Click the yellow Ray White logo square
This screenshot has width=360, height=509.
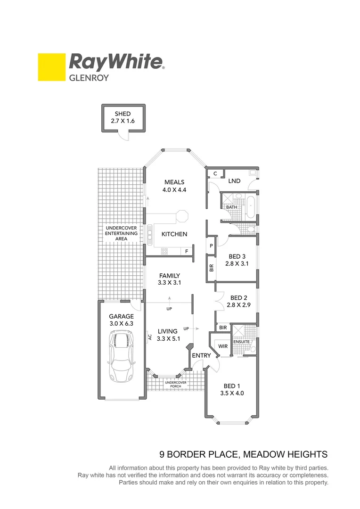click(x=51, y=67)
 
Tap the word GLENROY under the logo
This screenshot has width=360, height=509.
click(x=89, y=78)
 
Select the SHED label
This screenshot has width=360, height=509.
click(x=123, y=114)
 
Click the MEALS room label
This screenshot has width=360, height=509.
click(x=174, y=182)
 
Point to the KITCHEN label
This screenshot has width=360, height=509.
click(x=174, y=234)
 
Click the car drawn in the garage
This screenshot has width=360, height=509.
click(x=122, y=356)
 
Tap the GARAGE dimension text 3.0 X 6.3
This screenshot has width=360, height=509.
click(x=122, y=324)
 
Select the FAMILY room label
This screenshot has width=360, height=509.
click(x=170, y=276)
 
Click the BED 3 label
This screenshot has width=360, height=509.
click(x=237, y=256)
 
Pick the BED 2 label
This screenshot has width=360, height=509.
click(x=239, y=298)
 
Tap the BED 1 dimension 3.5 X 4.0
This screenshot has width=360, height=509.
click(x=232, y=393)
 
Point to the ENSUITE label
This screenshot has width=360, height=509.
click(x=241, y=342)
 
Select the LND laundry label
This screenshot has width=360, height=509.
click(x=234, y=181)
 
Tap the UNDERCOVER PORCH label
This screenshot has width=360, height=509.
click(x=175, y=384)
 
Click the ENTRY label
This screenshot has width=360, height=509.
click(x=200, y=355)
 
